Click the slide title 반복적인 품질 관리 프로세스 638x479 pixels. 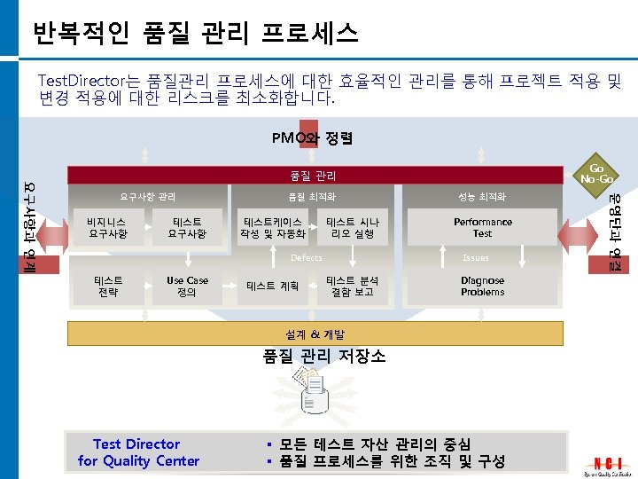tap(195, 34)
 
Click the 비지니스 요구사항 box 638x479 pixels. tap(107, 228)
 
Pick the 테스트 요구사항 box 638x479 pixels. tap(187, 228)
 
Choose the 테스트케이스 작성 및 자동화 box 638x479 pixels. tap(272, 228)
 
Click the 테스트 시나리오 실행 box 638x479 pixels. tap(352, 228)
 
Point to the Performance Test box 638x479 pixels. tap(482, 228)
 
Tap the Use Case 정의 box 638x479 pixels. tap(187, 287)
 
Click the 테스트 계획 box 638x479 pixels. tap(272, 287)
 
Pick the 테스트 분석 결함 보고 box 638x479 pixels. tap(352, 287)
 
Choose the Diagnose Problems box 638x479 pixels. tap(482, 287)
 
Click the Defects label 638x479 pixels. tap(307, 258)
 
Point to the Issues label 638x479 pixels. tap(476, 258)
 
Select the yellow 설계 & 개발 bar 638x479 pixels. tap(315, 334)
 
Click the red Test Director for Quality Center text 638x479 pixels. tap(138, 452)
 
